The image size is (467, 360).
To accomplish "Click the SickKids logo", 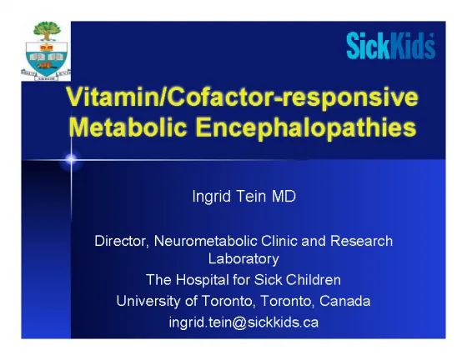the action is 391,46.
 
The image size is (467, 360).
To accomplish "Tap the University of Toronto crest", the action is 46,51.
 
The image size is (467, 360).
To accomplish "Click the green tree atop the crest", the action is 47,31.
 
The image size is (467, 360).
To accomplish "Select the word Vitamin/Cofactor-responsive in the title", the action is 243,97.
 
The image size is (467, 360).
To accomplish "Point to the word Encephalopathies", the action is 306,128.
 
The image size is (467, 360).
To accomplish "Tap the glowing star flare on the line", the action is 71,160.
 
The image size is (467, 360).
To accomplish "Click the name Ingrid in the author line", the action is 212,197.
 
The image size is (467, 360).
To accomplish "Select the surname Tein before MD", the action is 251,197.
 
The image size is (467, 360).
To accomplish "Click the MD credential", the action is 284,197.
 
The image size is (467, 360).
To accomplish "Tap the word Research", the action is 362,241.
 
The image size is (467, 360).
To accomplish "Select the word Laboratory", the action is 244,259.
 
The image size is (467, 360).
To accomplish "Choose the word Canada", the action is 345,301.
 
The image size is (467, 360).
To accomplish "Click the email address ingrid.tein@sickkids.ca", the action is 244,322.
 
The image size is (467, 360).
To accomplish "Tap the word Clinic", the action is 279,241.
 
